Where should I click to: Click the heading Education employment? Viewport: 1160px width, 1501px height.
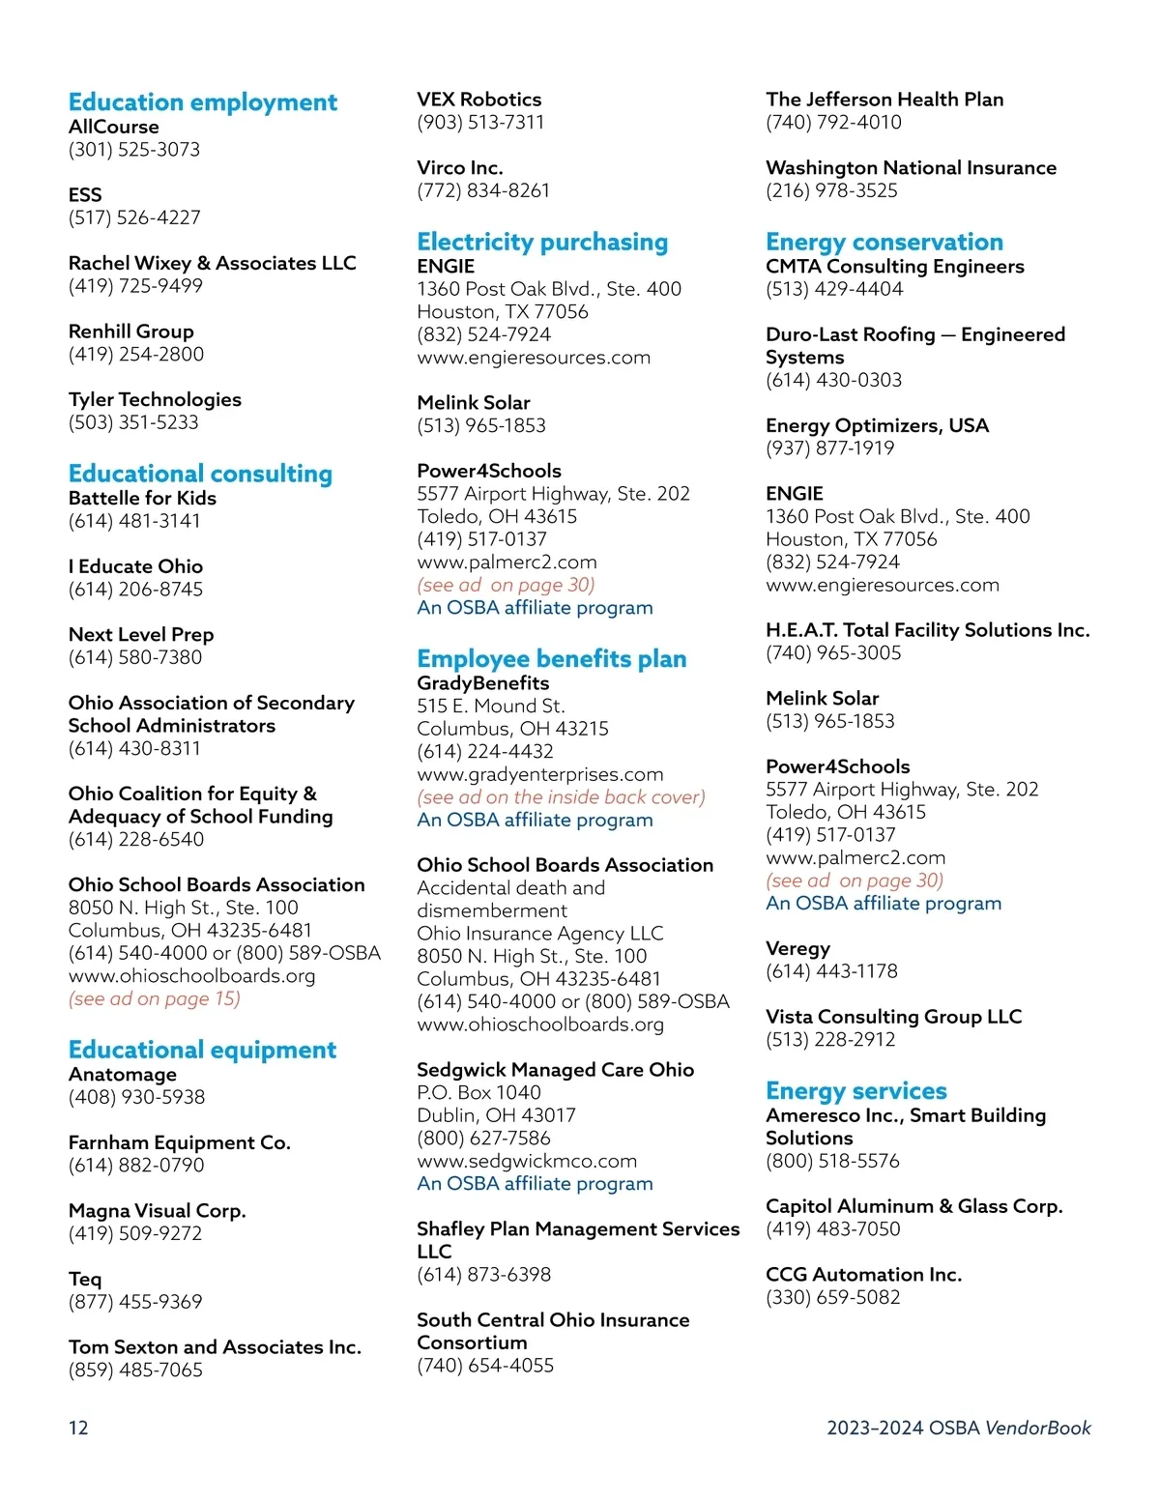pyautogui.click(x=203, y=102)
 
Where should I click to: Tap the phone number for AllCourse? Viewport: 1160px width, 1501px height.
pyautogui.click(x=134, y=150)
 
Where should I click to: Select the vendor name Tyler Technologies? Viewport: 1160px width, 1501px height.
pyautogui.click(x=155, y=399)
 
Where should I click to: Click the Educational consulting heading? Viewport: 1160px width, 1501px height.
pyautogui.click(x=200, y=474)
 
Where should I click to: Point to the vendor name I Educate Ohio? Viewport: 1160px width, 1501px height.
pyautogui.click(x=135, y=566)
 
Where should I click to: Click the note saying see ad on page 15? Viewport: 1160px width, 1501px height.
pyautogui.click(x=155, y=999)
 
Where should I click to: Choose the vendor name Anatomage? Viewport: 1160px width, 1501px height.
pyautogui.click(x=123, y=1075)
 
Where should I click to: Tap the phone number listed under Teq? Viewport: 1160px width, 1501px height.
pyautogui.click(x=135, y=1302)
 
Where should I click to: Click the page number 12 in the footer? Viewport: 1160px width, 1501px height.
pyautogui.click(x=78, y=1428)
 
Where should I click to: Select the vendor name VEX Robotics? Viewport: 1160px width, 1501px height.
pyautogui.click(x=479, y=100)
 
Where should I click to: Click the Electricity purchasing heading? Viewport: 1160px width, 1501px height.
pyautogui.click(x=542, y=242)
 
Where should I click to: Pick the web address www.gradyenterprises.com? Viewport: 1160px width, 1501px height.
pyautogui.click(x=540, y=774)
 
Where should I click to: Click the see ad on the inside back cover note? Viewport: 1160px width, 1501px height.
pyautogui.click(x=562, y=797)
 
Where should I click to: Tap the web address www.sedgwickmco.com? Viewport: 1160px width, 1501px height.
pyautogui.click(x=527, y=1161)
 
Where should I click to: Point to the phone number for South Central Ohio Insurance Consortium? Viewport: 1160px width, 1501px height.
pyautogui.click(x=485, y=1366)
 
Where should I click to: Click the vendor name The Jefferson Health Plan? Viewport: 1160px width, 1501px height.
pyautogui.click(x=884, y=100)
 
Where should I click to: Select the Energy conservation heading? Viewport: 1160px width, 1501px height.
pyautogui.click(x=884, y=242)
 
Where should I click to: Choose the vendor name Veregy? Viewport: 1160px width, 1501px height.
pyautogui.click(x=797, y=948)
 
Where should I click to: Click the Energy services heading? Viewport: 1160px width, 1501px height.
pyautogui.click(x=856, y=1091)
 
